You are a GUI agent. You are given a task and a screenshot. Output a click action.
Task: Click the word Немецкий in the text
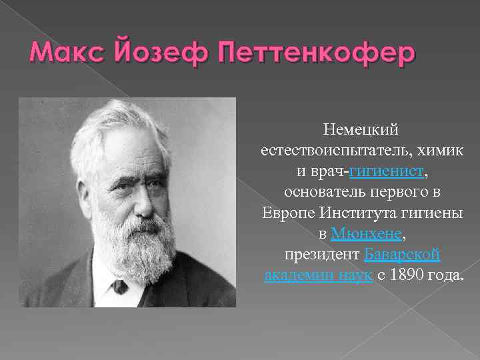pos(361,127)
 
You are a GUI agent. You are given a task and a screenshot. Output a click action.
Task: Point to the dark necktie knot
pos(119,287)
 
